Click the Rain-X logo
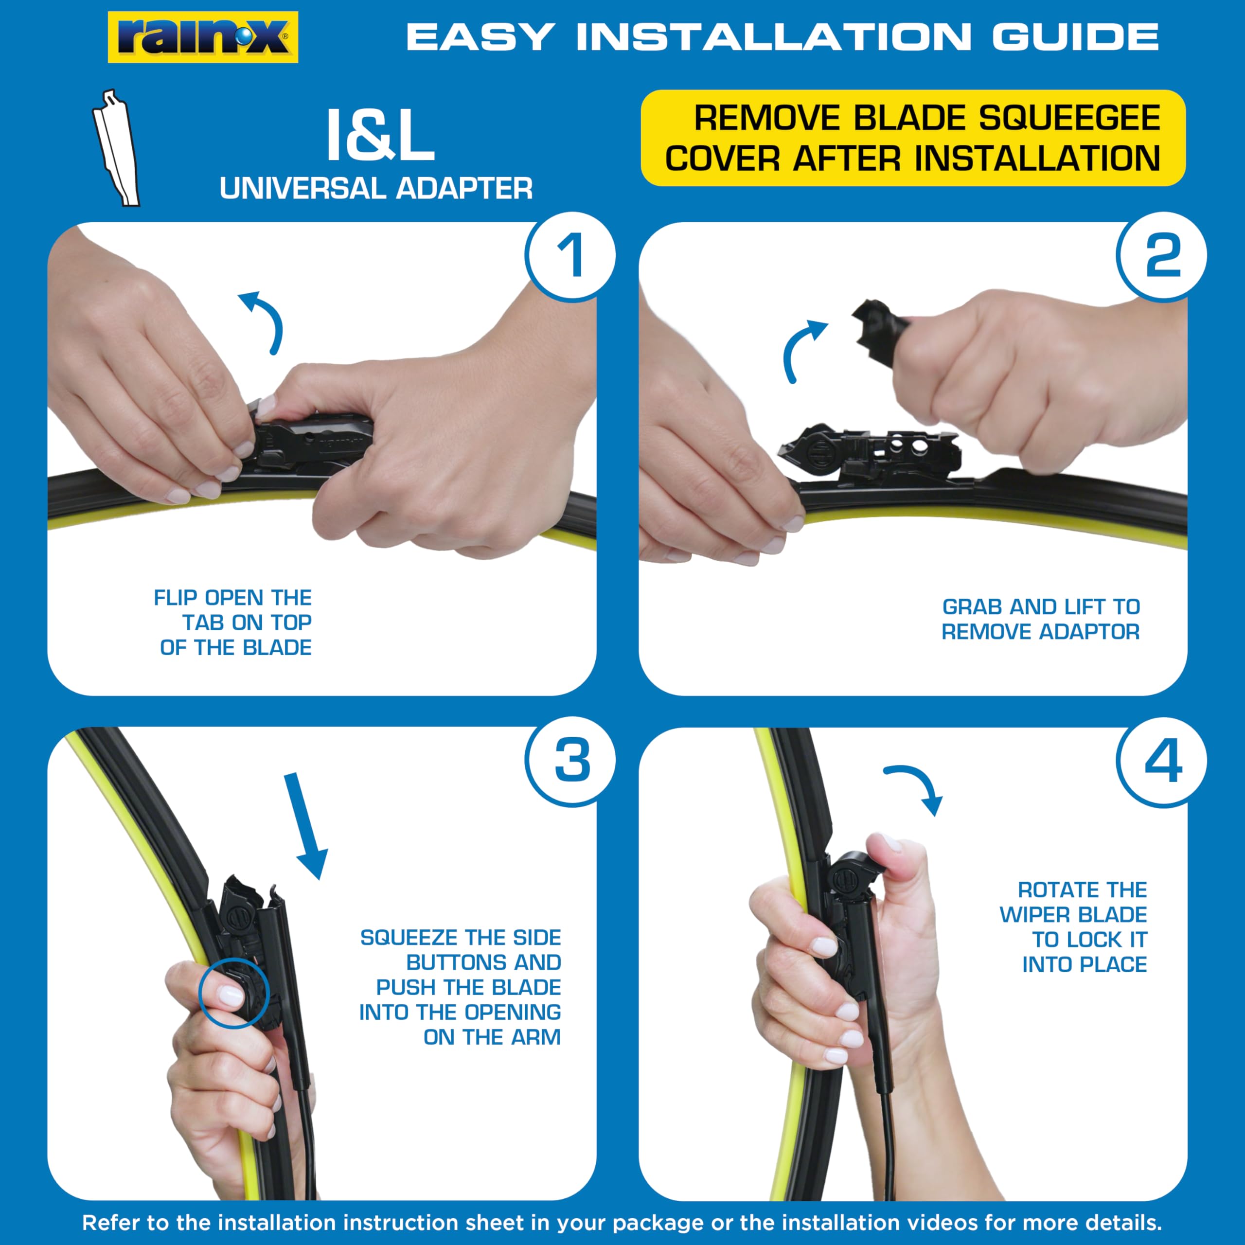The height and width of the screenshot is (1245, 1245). pyautogui.click(x=202, y=37)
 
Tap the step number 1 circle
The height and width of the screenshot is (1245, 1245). pyautogui.click(x=571, y=256)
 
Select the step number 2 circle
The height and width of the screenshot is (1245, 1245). pyautogui.click(x=1162, y=256)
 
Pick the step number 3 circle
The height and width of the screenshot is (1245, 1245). pyautogui.click(x=571, y=761)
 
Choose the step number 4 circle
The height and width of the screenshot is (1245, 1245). pyautogui.click(x=1162, y=761)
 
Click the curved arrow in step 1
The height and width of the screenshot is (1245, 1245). pyautogui.click(x=266, y=319)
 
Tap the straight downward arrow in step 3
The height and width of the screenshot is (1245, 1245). pyautogui.click(x=305, y=825)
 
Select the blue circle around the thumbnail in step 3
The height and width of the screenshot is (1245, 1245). pyautogui.click(x=233, y=993)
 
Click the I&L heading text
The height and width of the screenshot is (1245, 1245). pyautogui.click(x=379, y=136)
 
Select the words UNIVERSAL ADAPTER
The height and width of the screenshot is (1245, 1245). pyautogui.click(x=376, y=189)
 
